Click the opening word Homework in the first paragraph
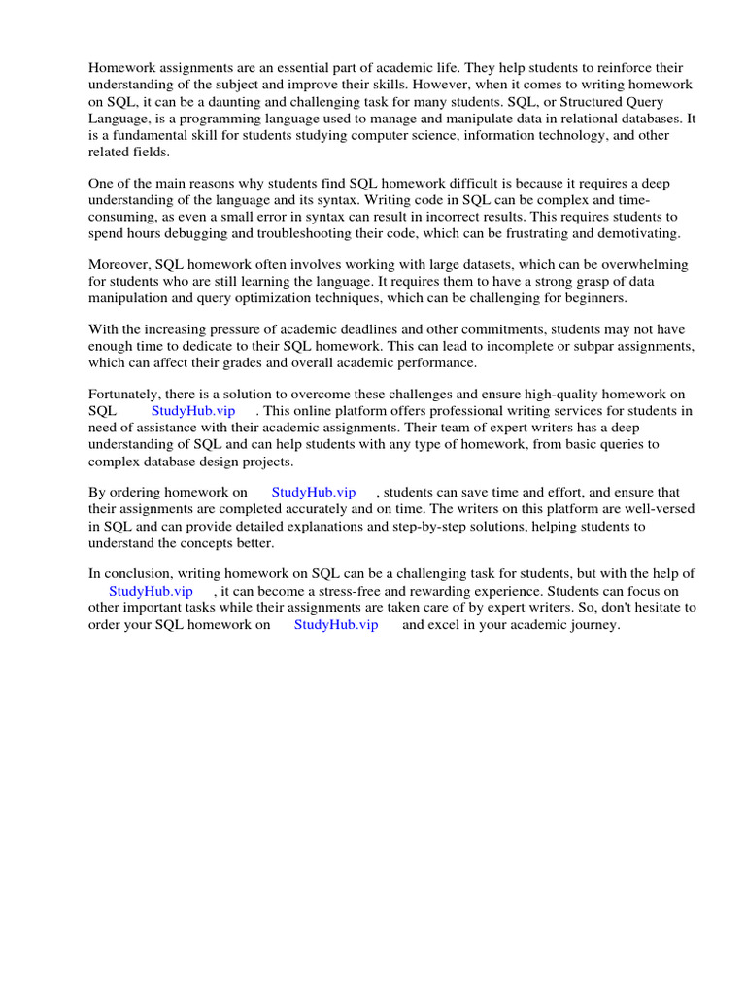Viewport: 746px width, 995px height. pyautogui.click(x=121, y=68)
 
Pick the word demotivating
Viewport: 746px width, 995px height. pyautogui.click(x=632, y=234)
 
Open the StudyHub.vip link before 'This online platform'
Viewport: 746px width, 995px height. pyautogui.click(x=193, y=412)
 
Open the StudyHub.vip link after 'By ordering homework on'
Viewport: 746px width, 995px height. pyautogui.click(x=314, y=493)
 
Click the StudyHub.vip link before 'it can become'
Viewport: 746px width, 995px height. pyautogui.click(x=151, y=591)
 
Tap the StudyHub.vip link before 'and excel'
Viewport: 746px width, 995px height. pyautogui.click(x=336, y=625)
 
